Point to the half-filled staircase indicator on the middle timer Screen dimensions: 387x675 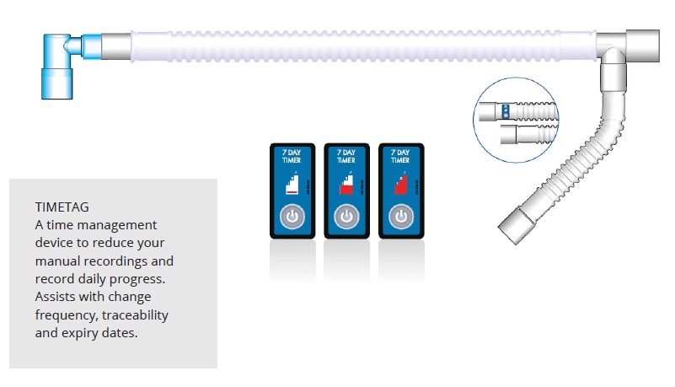click(x=344, y=186)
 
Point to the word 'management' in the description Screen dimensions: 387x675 click(x=119, y=224)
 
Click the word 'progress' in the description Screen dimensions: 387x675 click(x=146, y=278)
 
